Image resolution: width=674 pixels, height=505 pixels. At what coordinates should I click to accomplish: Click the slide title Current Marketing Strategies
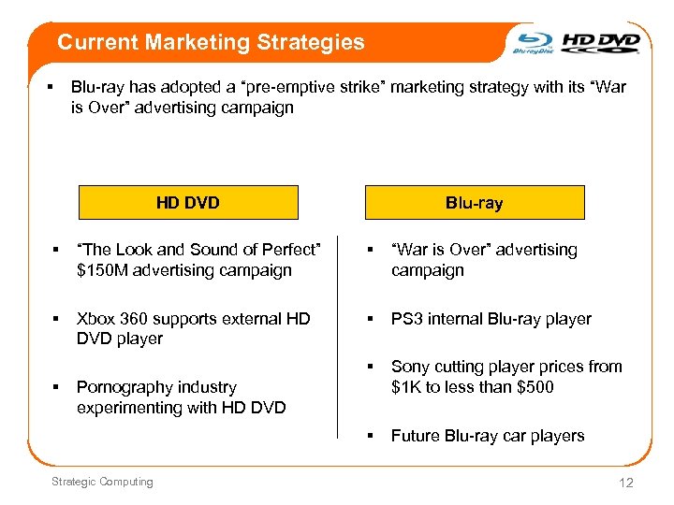[x=211, y=42]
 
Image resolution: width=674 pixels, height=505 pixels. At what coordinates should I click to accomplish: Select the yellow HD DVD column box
[x=188, y=203]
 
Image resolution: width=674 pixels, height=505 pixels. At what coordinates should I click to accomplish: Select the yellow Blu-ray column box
[x=475, y=203]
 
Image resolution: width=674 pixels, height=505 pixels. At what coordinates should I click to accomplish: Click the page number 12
[x=626, y=483]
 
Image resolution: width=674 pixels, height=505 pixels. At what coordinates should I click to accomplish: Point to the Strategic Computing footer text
[x=102, y=482]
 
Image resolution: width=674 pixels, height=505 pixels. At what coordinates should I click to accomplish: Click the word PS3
[x=407, y=319]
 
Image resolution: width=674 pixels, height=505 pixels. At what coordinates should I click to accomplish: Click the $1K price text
[x=406, y=387]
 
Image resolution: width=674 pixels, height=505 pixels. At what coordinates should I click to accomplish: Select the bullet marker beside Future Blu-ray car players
[x=370, y=436]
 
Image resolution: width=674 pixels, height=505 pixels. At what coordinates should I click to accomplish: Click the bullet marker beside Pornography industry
[x=56, y=387]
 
